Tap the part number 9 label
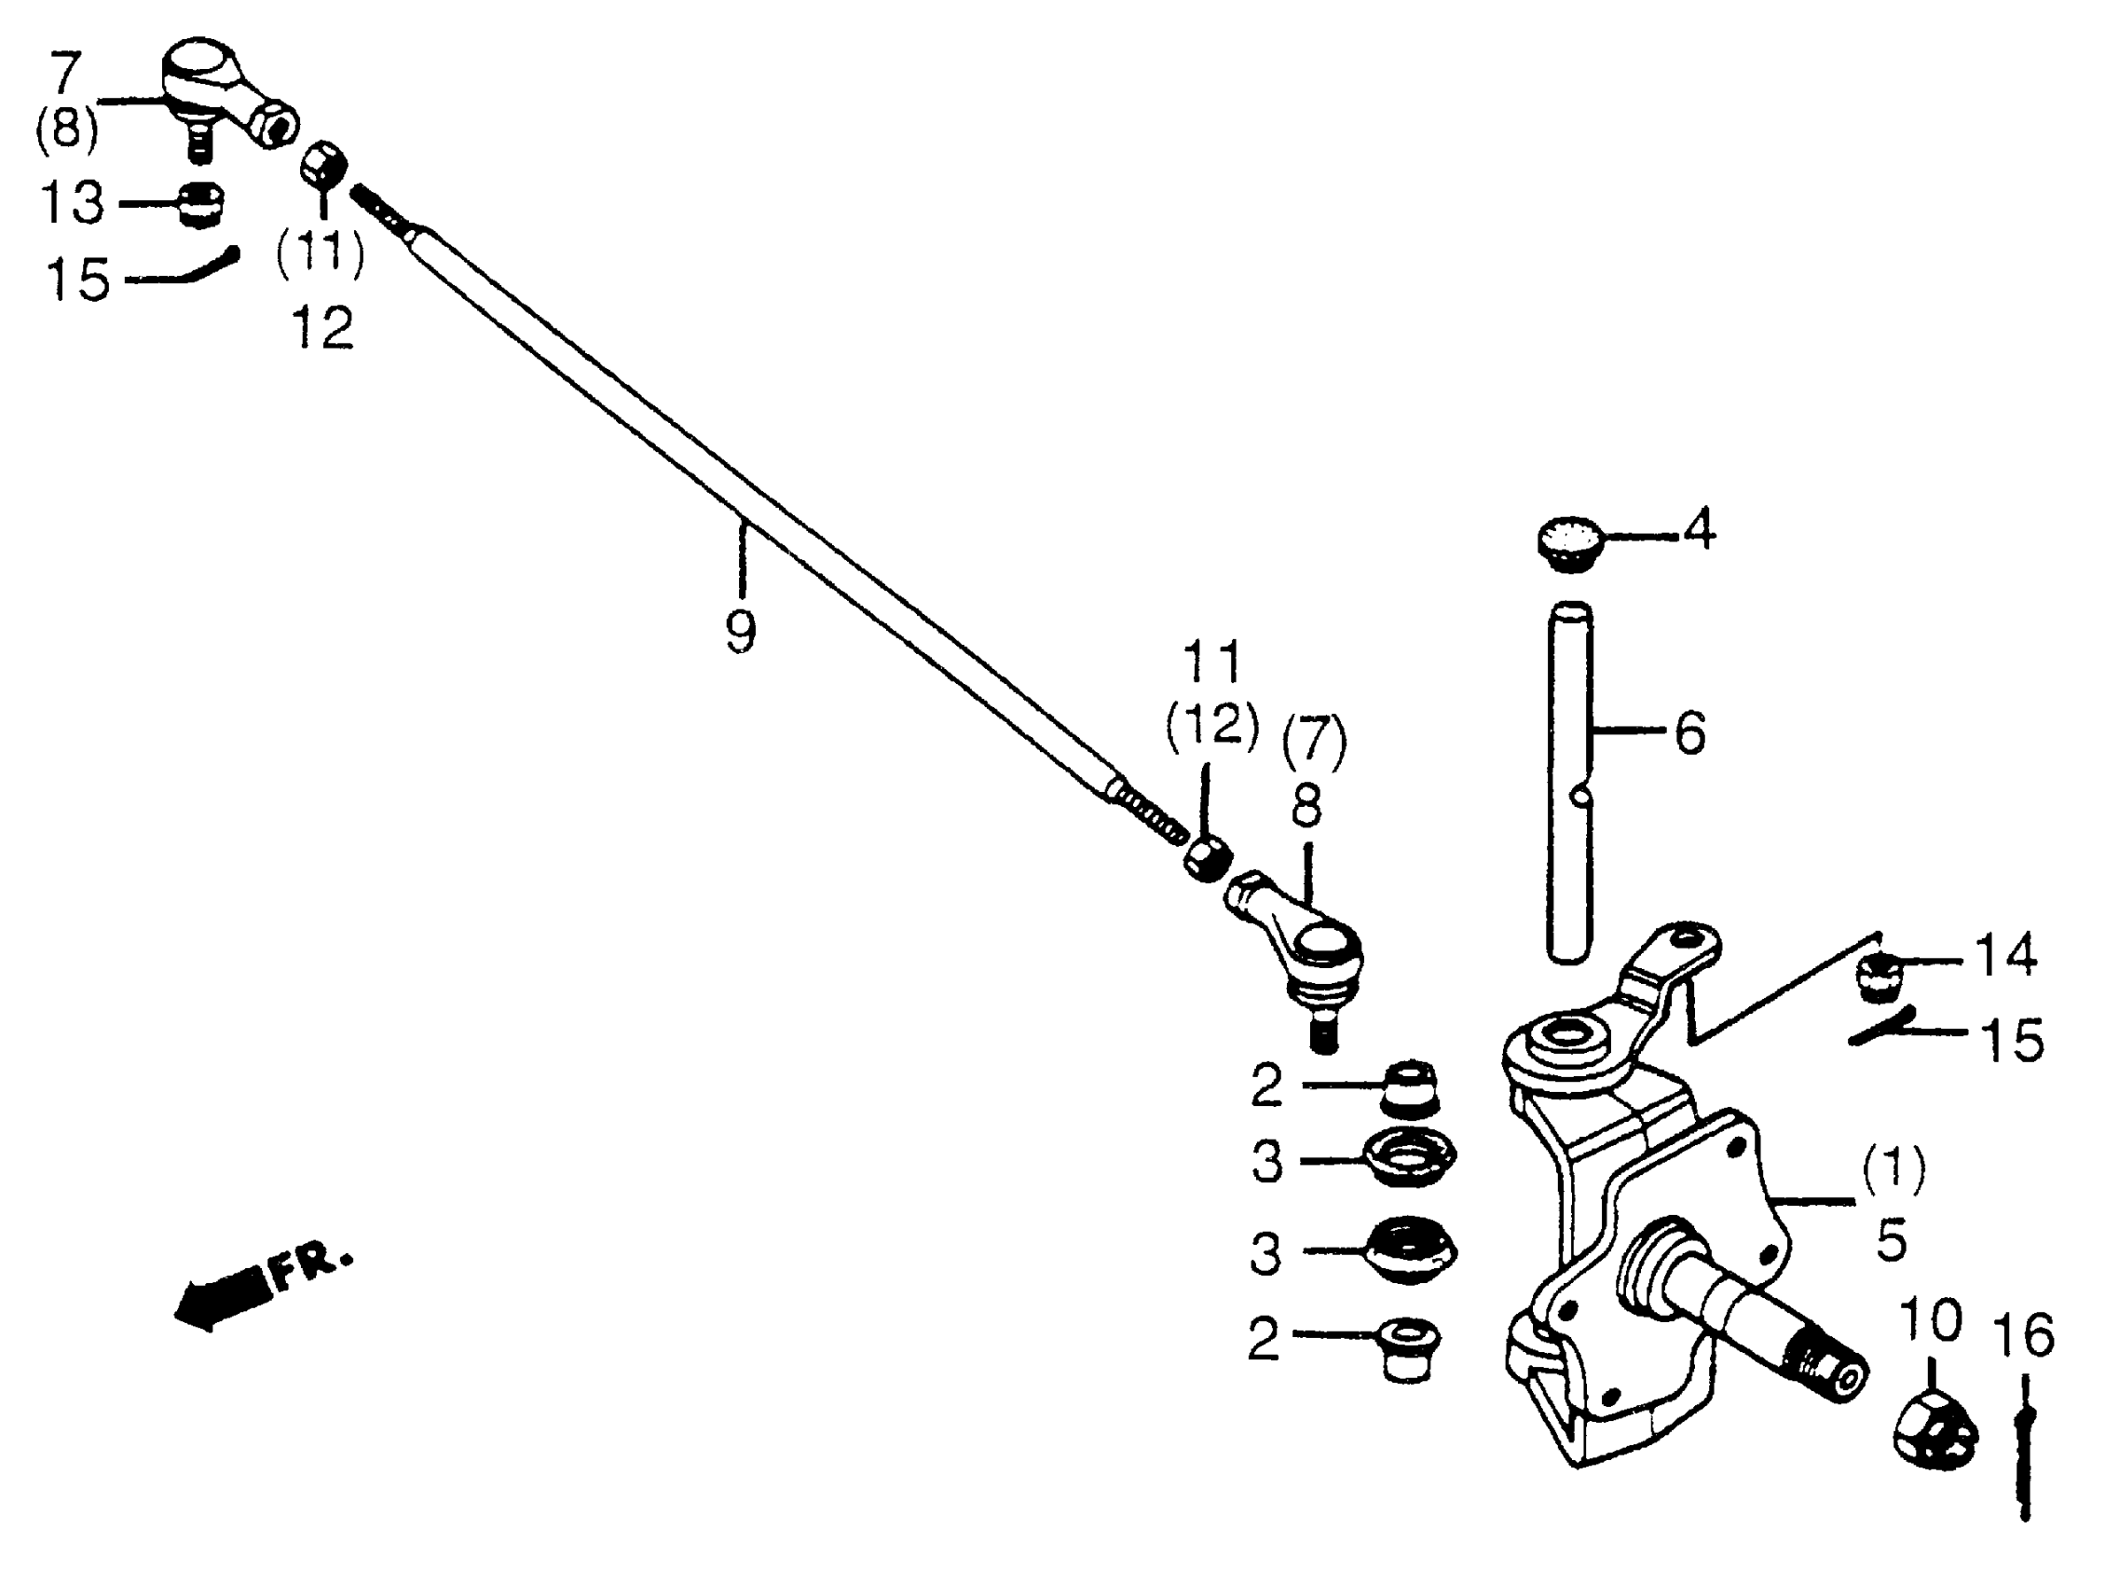tap(741, 631)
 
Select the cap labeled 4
tap(1568, 543)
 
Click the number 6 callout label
tap(1689, 732)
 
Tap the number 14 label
tap(2005, 955)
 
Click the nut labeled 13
tap(201, 203)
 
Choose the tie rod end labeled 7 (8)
tap(226, 92)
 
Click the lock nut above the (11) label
tap(323, 167)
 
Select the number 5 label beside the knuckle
tap(1891, 1240)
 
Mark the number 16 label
tap(2024, 1335)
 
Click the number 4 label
tap(1700, 528)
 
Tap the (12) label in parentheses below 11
tap(1211, 725)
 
